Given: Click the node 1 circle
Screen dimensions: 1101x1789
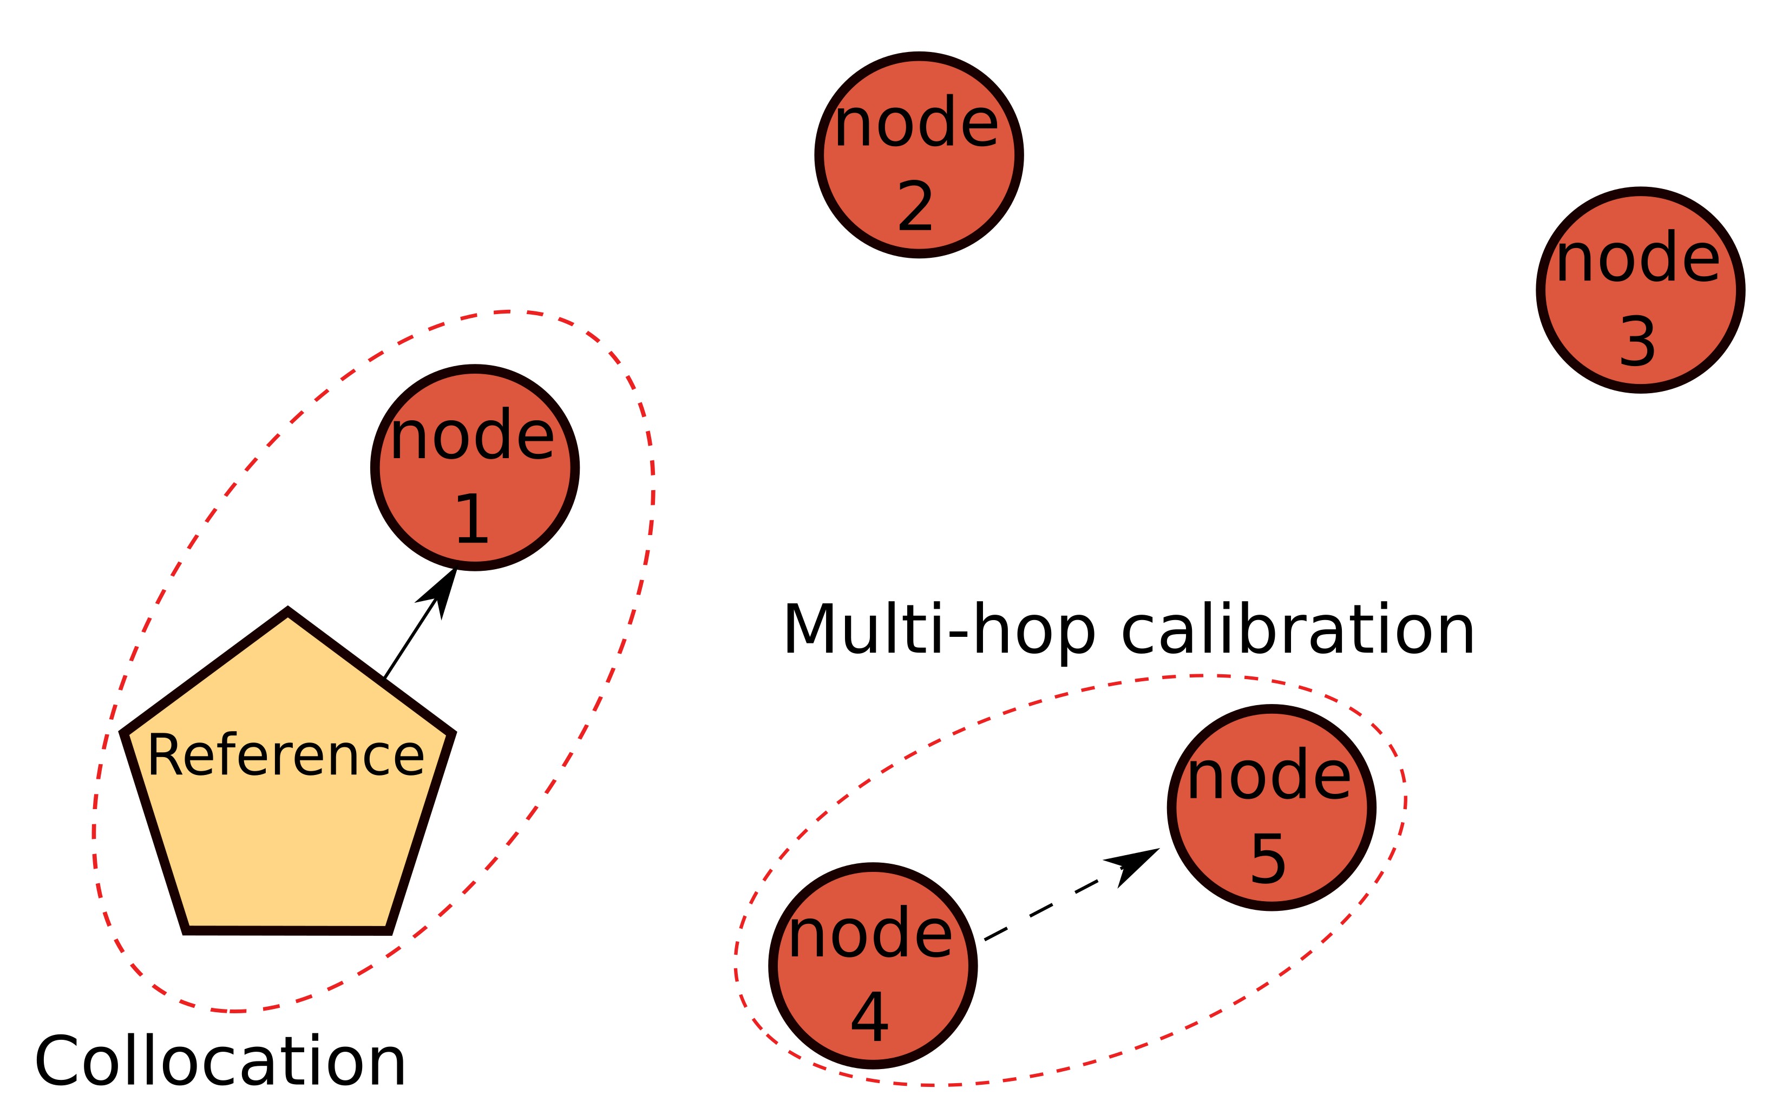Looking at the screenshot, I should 475,467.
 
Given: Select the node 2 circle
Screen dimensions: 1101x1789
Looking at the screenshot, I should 919,155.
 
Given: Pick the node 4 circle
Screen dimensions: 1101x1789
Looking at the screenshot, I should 873,966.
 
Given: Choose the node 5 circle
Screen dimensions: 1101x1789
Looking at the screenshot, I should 1271,807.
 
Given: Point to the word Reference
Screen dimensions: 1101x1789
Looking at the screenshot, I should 286,756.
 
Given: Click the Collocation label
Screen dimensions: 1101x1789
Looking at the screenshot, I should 220,1061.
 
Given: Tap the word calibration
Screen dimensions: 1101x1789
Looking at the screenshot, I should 1297,630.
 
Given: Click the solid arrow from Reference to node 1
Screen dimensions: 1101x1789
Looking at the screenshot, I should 411,638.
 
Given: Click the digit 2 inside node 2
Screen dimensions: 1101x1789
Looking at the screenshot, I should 915,207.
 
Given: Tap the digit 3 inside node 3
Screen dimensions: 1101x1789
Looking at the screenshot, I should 1637,342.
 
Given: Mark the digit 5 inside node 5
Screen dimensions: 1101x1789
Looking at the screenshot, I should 1268,859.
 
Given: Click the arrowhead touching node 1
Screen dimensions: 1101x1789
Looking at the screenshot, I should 440,591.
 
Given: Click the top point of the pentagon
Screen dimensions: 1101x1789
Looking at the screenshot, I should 287,611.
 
